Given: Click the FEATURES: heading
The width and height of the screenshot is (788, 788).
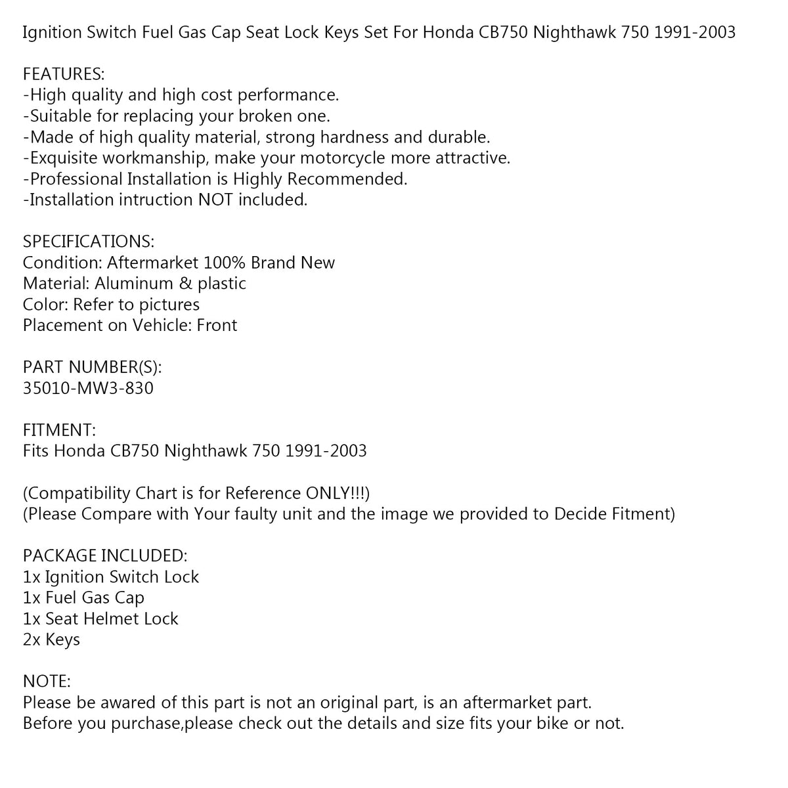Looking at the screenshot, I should (x=64, y=74).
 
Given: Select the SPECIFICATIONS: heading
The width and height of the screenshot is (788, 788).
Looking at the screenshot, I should (x=89, y=242).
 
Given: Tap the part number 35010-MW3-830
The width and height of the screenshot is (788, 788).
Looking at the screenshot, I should (x=88, y=388).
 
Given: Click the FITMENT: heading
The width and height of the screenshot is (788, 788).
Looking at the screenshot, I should (x=59, y=430).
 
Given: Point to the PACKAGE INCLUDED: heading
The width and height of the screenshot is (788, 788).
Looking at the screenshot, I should (x=105, y=556).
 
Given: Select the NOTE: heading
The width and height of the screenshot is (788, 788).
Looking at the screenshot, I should (x=47, y=682).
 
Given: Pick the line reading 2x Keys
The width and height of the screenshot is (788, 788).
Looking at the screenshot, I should (x=51, y=640).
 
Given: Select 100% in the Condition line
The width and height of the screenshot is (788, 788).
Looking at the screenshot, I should (x=225, y=263).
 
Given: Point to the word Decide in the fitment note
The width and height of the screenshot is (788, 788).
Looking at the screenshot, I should (x=584, y=514).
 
